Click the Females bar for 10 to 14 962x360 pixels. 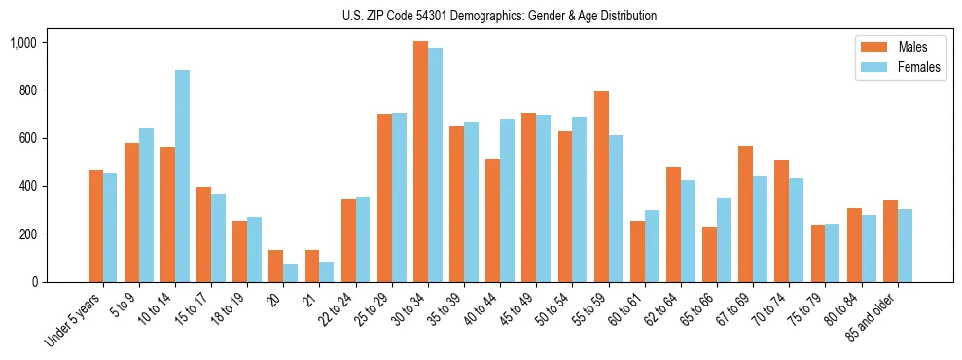(182, 176)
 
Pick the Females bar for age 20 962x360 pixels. (291, 272)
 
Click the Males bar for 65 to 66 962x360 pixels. (709, 254)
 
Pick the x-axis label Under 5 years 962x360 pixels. (73, 320)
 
